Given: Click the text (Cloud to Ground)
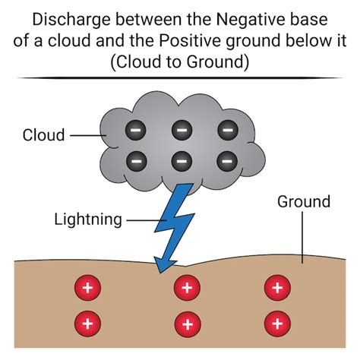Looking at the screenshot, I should click(x=179, y=62).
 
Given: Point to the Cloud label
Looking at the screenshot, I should click(x=44, y=136).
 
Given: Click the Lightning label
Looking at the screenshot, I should click(x=88, y=219).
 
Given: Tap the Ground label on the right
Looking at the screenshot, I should click(x=303, y=202).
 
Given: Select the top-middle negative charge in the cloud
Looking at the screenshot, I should click(x=181, y=130).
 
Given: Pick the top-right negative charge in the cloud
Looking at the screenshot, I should click(x=226, y=130).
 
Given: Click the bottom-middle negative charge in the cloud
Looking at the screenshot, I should click(x=181, y=160).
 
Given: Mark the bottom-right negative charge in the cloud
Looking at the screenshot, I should click(x=226, y=160).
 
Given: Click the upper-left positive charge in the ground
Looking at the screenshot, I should click(x=87, y=288).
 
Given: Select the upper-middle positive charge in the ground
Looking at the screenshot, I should click(x=185, y=288).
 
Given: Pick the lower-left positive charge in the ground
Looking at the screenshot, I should click(x=87, y=322).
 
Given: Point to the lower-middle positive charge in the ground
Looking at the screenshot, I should click(x=185, y=322).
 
